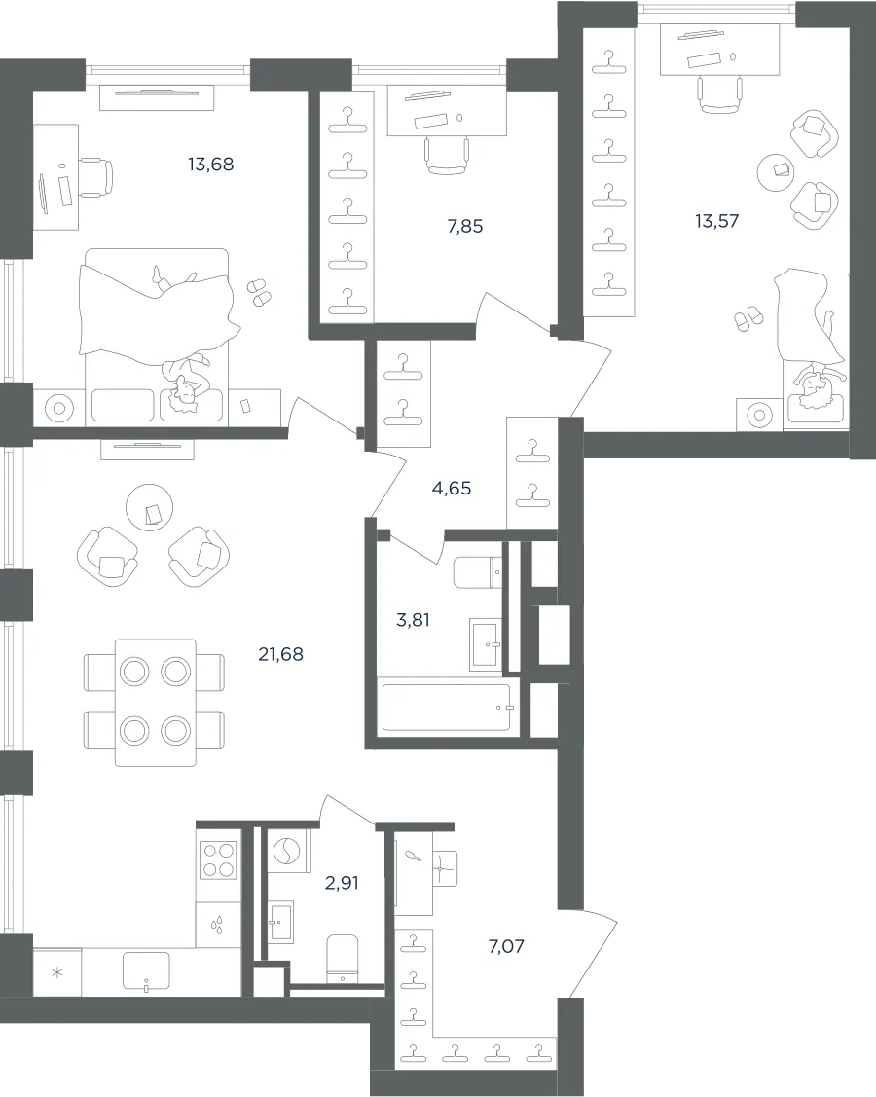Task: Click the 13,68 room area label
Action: click(x=210, y=165)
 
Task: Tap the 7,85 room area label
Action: click(x=465, y=227)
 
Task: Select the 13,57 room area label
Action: click(x=716, y=221)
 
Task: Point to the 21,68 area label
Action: click(x=280, y=655)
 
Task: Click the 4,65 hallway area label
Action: click(x=452, y=489)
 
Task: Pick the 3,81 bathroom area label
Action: click(x=413, y=620)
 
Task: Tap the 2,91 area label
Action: click(x=343, y=883)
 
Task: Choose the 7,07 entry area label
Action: click(x=506, y=946)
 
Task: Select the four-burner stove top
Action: click(x=218, y=859)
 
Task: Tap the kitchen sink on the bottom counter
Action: click(x=146, y=971)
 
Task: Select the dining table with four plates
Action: click(x=156, y=702)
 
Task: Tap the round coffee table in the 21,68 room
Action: click(x=150, y=507)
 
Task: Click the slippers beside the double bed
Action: click(x=258, y=291)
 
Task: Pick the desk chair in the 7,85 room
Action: click(x=447, y=156)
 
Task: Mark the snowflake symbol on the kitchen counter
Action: click(x=58, y=973)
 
